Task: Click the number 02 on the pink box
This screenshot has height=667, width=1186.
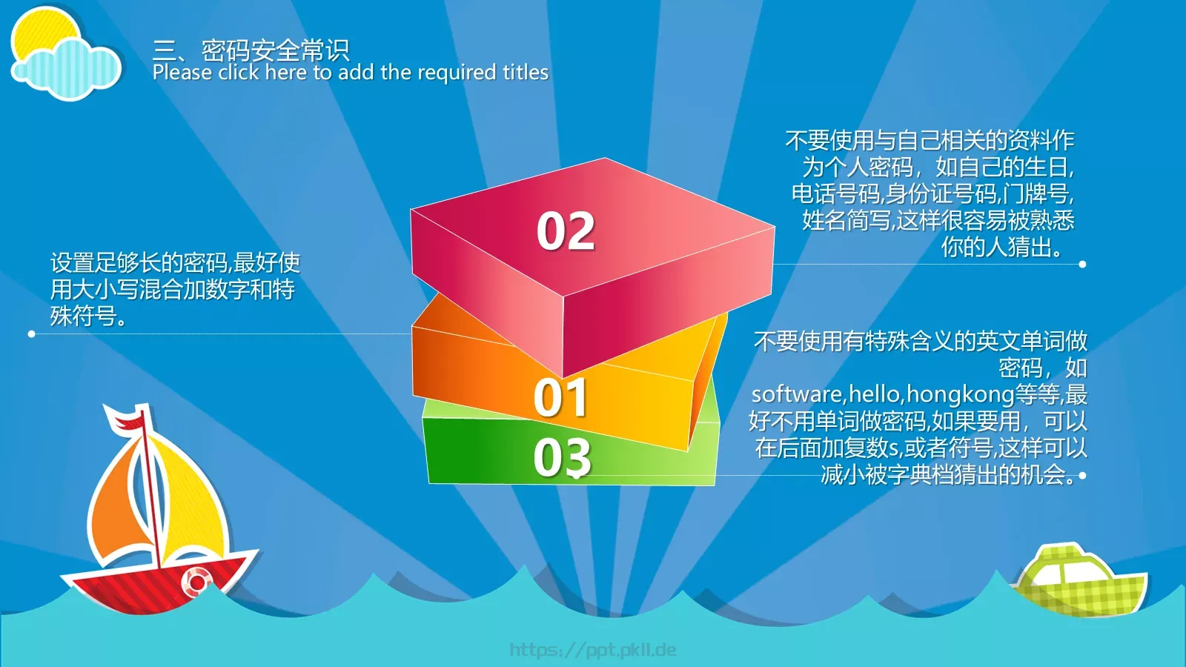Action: (x=566, y=230)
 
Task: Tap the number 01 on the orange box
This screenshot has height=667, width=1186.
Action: (x=560, y=397)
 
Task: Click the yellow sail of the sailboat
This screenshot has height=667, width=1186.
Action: (x=185, y=503)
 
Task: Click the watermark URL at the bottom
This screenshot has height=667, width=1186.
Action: (x=592, y=649)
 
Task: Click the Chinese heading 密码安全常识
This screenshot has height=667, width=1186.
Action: (x=275, y=50)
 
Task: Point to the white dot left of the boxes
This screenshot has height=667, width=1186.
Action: (x=32, y=334)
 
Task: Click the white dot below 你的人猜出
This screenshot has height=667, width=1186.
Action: (x=1082, y=264)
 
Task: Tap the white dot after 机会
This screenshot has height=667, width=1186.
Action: (x=1082, y=476)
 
